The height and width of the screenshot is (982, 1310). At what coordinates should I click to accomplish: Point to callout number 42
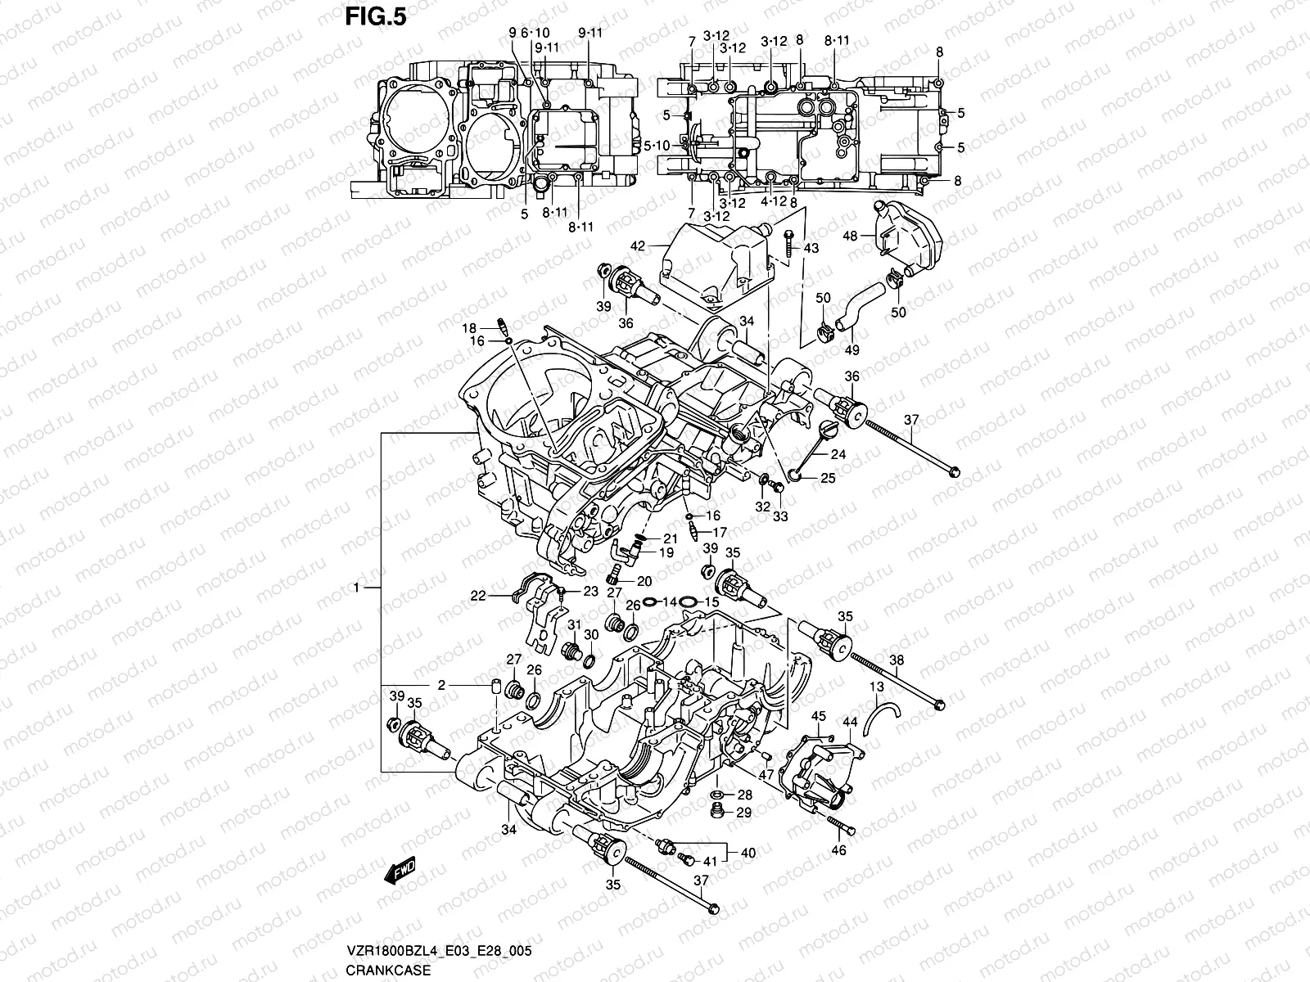pos(639,245)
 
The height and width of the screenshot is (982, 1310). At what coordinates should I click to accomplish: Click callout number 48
pos(850,236)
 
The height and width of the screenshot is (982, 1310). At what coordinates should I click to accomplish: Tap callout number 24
pos(838,454)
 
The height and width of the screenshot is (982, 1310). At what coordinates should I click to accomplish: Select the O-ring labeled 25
pos(794,474)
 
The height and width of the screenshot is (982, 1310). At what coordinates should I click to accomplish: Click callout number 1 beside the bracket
pos(357,588)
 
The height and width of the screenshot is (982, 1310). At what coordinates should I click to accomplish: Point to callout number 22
pos(478,597)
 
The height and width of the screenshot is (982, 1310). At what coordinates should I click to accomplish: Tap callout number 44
pos(850,723)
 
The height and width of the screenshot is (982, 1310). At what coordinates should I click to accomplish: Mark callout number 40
pos(748,853)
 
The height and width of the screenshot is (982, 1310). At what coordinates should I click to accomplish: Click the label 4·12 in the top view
pos(772,201)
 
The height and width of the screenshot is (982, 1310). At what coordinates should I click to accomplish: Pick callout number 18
pos(470,327)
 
